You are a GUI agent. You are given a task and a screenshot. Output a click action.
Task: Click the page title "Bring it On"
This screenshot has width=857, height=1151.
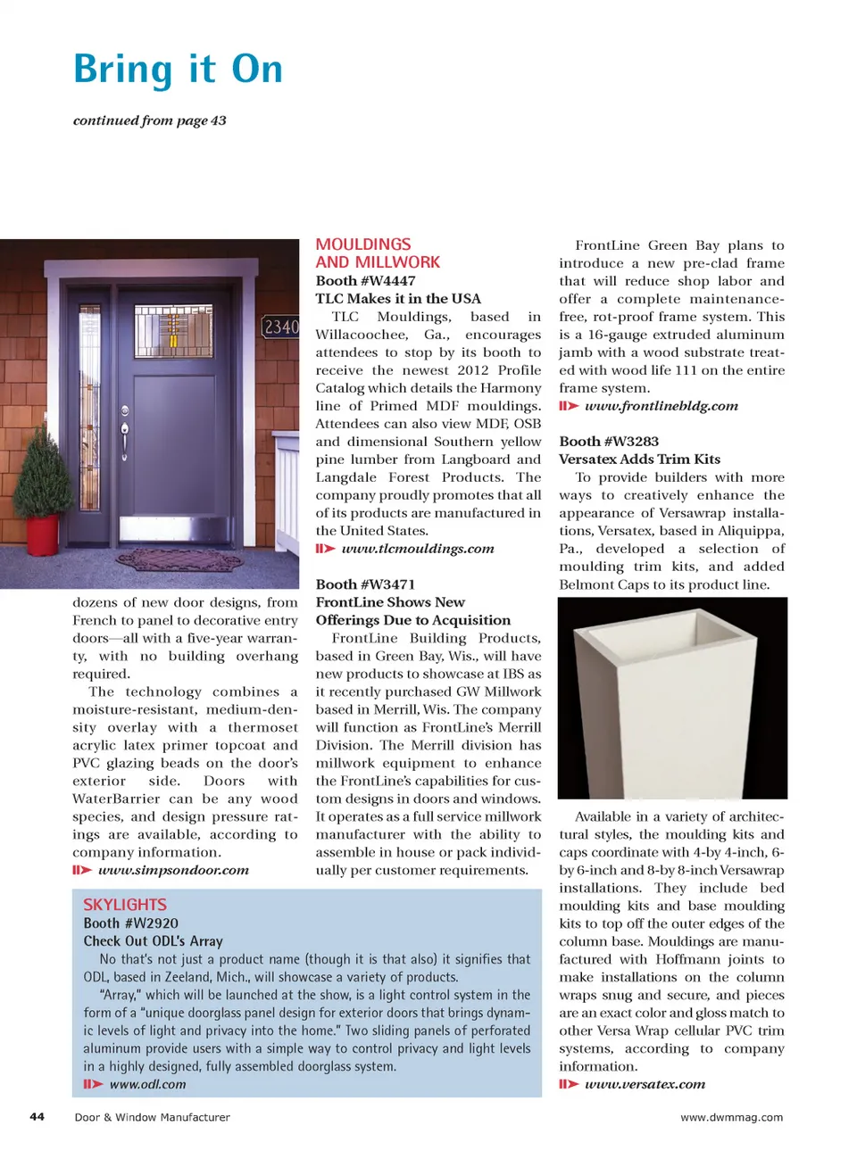point(178,70)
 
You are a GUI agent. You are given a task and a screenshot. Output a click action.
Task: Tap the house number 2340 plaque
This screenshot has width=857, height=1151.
point(280,327)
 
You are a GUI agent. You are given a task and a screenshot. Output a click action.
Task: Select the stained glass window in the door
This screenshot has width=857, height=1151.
point(173,331)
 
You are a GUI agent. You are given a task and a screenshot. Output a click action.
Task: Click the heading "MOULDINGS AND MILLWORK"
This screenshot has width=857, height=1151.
point(378,253)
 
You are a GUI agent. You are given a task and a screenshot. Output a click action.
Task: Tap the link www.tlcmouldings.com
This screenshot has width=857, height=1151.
point(417,549)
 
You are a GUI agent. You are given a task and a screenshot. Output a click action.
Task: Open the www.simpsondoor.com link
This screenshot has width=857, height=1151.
point(173,870)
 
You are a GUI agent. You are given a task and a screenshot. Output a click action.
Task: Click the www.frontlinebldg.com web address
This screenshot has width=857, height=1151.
point(661,406)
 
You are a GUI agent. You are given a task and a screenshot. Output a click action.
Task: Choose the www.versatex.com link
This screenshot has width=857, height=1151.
point(645,1084)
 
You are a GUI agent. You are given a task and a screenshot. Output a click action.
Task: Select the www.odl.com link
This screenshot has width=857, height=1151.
point(147,1084)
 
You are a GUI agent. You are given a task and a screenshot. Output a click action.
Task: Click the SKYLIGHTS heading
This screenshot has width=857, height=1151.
point(125,905)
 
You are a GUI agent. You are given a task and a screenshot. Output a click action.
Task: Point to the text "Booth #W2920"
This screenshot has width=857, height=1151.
point(130,923)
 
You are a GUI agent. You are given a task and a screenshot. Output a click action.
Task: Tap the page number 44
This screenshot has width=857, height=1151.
point(37,1116)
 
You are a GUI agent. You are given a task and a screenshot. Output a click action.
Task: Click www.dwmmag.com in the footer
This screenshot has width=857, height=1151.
point(731,1117)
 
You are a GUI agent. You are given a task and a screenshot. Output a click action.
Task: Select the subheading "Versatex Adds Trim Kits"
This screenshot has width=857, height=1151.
point(639,460)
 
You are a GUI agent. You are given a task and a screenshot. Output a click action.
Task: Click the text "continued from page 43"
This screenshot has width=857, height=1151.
point(149,120)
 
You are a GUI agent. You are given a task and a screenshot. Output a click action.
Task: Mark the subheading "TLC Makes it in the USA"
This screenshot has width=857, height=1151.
point(398,299)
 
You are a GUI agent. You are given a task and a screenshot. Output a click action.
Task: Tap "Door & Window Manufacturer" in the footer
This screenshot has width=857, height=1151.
point(152,1117)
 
